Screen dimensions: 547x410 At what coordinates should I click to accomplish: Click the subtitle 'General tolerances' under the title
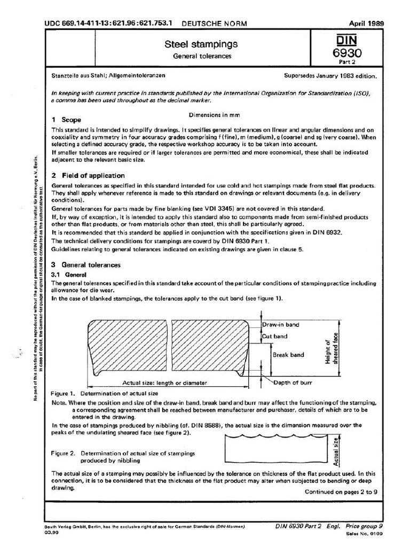click(x=201, y=56)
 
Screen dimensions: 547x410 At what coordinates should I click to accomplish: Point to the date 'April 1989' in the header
click(x=366, y=24)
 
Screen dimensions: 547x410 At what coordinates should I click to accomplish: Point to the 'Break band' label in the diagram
click(x=288, y=355)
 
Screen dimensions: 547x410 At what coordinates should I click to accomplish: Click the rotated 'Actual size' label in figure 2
click(x=336, y=449)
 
